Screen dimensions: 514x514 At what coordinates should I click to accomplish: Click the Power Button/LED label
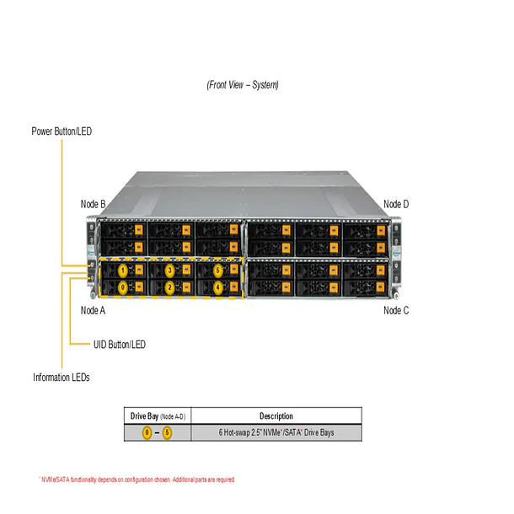click(62, 131)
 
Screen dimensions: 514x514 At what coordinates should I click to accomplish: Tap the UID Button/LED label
click(119, 344)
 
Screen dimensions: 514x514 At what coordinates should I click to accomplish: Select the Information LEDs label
click(62, 377)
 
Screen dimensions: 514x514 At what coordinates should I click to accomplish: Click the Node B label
click(93, 204)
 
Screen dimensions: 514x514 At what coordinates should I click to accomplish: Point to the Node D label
click(396, 204)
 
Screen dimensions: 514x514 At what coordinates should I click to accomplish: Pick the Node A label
click(93, 310)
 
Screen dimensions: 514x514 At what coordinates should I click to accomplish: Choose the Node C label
click(396, 310)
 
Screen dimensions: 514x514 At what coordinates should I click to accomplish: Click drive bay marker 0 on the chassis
click(123, 287)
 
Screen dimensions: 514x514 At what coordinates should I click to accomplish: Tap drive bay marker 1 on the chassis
click(123, 270)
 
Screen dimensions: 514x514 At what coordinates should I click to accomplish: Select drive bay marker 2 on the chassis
click(170, 287)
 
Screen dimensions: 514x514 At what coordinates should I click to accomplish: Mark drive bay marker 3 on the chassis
click(170, 270)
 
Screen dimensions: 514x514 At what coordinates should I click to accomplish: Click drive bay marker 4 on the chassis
click(217, 287)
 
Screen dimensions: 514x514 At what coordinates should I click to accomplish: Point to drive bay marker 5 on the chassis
click(217, 270)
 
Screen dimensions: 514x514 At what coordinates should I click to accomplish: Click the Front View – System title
click(243, 85)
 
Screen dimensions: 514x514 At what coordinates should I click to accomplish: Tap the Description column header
click(276, 416)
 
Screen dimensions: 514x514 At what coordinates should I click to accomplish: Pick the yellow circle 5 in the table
click(167, 433)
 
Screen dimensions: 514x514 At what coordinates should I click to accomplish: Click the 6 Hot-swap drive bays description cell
click(276, 433)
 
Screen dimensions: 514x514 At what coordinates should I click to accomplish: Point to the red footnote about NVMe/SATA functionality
click(137, 479)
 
